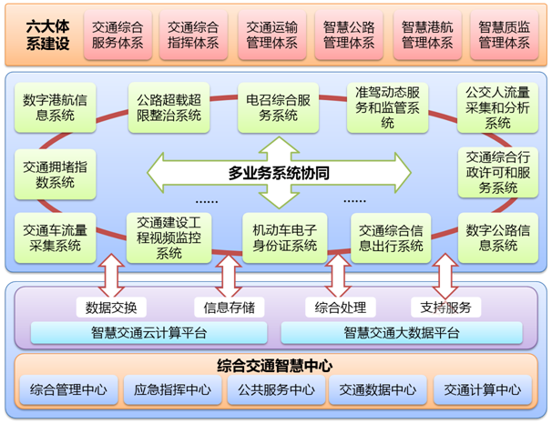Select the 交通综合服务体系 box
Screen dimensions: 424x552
point(117,34)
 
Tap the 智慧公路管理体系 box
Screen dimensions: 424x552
point(349,34)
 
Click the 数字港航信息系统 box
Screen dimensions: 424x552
point(52,107)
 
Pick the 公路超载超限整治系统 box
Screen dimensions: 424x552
point(168,107)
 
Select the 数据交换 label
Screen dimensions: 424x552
point(111,307)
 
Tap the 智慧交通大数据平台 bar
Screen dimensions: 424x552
point(402,332)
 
